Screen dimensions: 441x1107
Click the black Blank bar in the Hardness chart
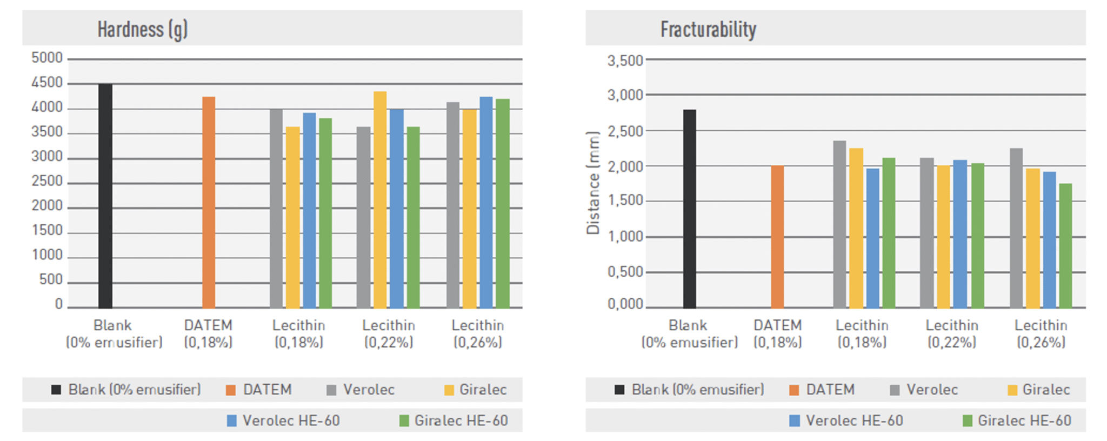[105, 196]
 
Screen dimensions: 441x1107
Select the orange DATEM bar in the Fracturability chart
[777, 237]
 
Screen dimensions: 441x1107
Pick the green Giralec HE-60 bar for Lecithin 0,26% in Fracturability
[1065, 246]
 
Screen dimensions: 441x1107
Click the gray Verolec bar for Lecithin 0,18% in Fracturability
[839, 224]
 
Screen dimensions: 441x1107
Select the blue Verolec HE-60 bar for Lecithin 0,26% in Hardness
[486, 203]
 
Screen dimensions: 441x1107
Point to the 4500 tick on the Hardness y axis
[47, 83]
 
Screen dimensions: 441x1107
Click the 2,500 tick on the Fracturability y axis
[625, 131]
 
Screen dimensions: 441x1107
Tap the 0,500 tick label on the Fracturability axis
[625, 272]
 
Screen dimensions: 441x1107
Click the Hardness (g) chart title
[143, 29]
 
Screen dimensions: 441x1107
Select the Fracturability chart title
[708, 29]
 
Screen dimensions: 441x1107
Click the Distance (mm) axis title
[593, 183]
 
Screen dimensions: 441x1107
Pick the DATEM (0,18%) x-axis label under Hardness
[208, 333]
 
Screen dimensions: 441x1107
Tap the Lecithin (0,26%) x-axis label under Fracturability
[1041, 333]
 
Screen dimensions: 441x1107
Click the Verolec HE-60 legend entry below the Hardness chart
[291, 420]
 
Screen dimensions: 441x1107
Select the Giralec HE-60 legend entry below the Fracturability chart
[1024, 420]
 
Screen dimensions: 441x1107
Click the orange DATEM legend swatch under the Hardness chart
[231, 390]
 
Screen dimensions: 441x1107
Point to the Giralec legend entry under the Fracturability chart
[1045, 390]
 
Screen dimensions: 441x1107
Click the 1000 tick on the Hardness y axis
[47, 255]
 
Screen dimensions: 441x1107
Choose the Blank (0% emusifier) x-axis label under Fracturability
[689, 333]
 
